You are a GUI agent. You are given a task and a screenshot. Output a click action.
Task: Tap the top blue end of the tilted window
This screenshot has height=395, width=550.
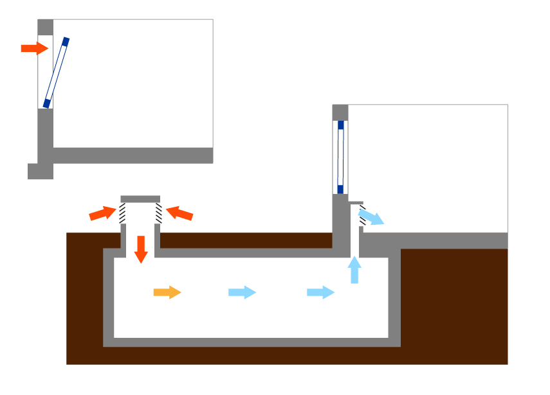tap(66, 42)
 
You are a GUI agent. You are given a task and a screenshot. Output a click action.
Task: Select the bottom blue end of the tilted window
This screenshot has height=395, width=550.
tap(46, 102)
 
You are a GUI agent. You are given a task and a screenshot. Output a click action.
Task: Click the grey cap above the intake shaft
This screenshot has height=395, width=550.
tap(140, 198)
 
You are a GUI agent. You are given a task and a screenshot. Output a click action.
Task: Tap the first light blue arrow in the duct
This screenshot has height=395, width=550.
tap(242, 293)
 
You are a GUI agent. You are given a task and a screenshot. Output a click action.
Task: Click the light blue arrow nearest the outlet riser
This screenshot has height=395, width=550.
tap(320, 293)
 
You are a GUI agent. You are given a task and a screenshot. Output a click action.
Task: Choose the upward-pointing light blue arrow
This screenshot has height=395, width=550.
tap(354, 269)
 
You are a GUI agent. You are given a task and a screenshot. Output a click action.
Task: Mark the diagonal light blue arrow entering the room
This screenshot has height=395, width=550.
tap(371, 216)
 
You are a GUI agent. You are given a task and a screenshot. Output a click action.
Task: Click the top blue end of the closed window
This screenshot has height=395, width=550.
tap(341, 125)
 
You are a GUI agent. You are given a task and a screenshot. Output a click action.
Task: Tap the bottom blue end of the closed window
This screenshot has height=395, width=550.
tap(341, 189)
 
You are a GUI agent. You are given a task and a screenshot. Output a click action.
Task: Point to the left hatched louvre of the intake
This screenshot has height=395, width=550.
tap(122, 213)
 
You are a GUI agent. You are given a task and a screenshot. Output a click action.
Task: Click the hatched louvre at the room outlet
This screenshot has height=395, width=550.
tap(363, 215)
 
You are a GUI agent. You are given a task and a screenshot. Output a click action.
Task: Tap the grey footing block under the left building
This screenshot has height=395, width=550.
tap(40, 171)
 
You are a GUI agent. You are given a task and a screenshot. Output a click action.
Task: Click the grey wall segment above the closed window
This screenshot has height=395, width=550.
tap(340, 112)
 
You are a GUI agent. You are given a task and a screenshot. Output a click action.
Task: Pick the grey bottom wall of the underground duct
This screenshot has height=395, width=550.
tap(251, 342)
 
